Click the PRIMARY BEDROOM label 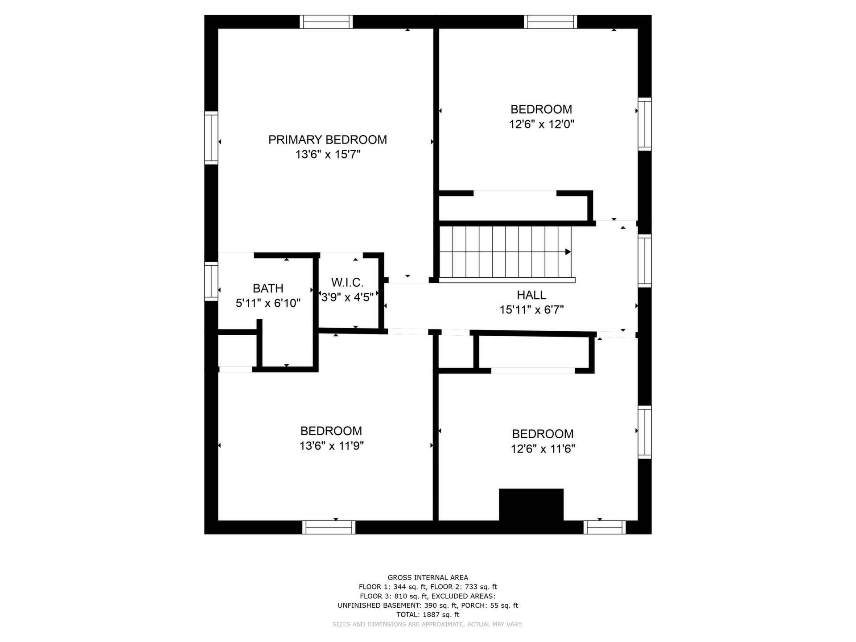click(327, 140)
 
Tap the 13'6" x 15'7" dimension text click(328, 155)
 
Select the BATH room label click(268, 288)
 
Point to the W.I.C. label click(347, 282)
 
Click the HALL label click(531, 295)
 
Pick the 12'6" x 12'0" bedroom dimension click(542, 124)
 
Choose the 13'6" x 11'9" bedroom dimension click(332, 446)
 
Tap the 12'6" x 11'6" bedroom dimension click(543, 449)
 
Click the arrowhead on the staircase click(568, 252)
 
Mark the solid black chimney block click(531, 505)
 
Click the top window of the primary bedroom click(326, 22)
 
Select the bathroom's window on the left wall click(211, 281)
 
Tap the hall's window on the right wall click(645, 261)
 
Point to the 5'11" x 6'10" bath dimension click(268, 303)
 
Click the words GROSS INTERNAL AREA click(428, 578)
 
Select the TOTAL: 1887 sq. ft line click(428, 614)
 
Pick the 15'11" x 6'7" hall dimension click(531, 310)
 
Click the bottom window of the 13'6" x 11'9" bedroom click(329, 527)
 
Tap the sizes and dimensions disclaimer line click(428, 624)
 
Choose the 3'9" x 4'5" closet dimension click(347, 297)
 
